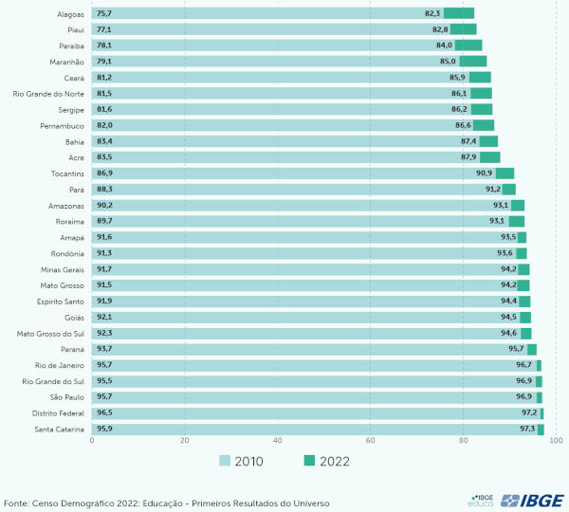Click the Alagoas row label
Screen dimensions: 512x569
pyautogui.click(x=70, y=13)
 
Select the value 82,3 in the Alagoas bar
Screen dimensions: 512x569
pyautogui.click(x=432, y=13)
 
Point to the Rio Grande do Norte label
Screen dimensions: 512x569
pyautogui.click(x=48, y=93)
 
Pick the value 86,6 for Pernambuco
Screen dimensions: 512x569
pyautogui.click(x=463, y=125)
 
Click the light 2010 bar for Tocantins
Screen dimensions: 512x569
pyautogui.click(x=284, y=174)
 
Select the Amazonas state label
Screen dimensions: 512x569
pyautogui.click(x=66, y=206)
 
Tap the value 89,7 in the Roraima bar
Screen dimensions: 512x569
pyautogui.click(x=104, y=222)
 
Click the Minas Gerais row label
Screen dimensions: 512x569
pyautogui.click(x=64, y=269)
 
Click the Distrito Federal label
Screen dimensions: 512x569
pyautogui.click(x=59, y=413)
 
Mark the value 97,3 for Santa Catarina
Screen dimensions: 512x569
pyautogui.click(x=526, y=430)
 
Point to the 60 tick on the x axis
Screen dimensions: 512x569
pyautogui.click(x=371, y=441)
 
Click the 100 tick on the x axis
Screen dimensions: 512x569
pyautogui.click(x=557, y=441)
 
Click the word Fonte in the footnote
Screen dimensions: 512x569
pyautogui.click(x=16, y=503)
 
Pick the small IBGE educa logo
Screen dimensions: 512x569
pyautogui.click(x=482, y=501)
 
